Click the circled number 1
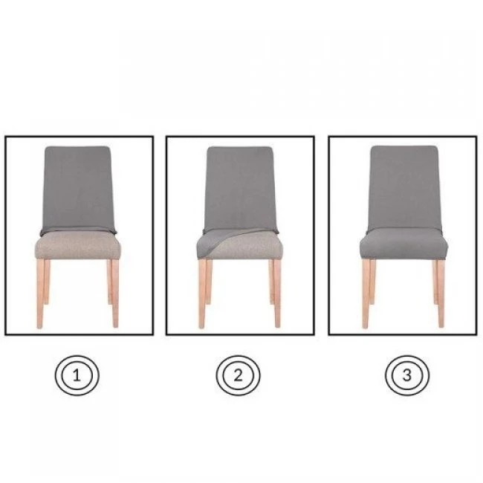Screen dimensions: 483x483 (x=77, y=375)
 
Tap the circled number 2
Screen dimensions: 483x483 (x=238, y=375)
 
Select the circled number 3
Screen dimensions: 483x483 (x=407, y=375)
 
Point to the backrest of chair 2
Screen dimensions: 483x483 (x=239, y=188)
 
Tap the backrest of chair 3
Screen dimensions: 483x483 (x=405, y=187)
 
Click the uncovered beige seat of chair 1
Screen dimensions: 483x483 (x=77, y=246)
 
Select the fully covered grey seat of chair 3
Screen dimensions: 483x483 (x=404, y=243)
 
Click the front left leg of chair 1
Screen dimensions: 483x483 (x=40, y=294)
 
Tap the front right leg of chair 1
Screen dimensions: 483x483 (x=115, y=294)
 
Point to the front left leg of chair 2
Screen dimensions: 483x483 (x=202, y=294)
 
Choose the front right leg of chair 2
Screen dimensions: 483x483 (x=277, y=294)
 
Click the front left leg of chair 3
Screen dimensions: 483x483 (x=366, y=294)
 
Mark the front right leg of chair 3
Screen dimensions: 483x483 (x=441, y=294)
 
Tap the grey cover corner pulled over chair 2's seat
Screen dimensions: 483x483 (x=213, y=241)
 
